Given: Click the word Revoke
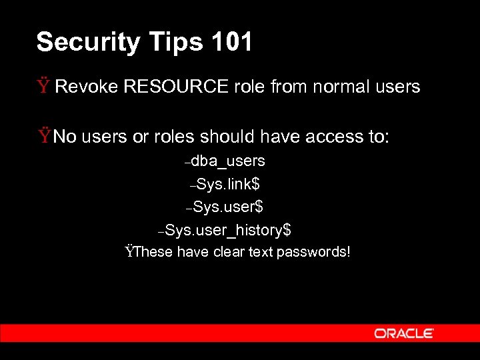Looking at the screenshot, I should (x=85, y=87).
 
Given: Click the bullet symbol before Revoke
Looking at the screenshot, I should (x=44, y=86).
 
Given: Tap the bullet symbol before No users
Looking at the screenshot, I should (x=44, y=137).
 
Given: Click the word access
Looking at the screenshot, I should (x=335, y=137).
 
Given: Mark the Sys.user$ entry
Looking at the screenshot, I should (x=228, y=207).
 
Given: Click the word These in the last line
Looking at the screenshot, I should (x=153, y=252).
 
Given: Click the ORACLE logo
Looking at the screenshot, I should (x=404, y=333).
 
